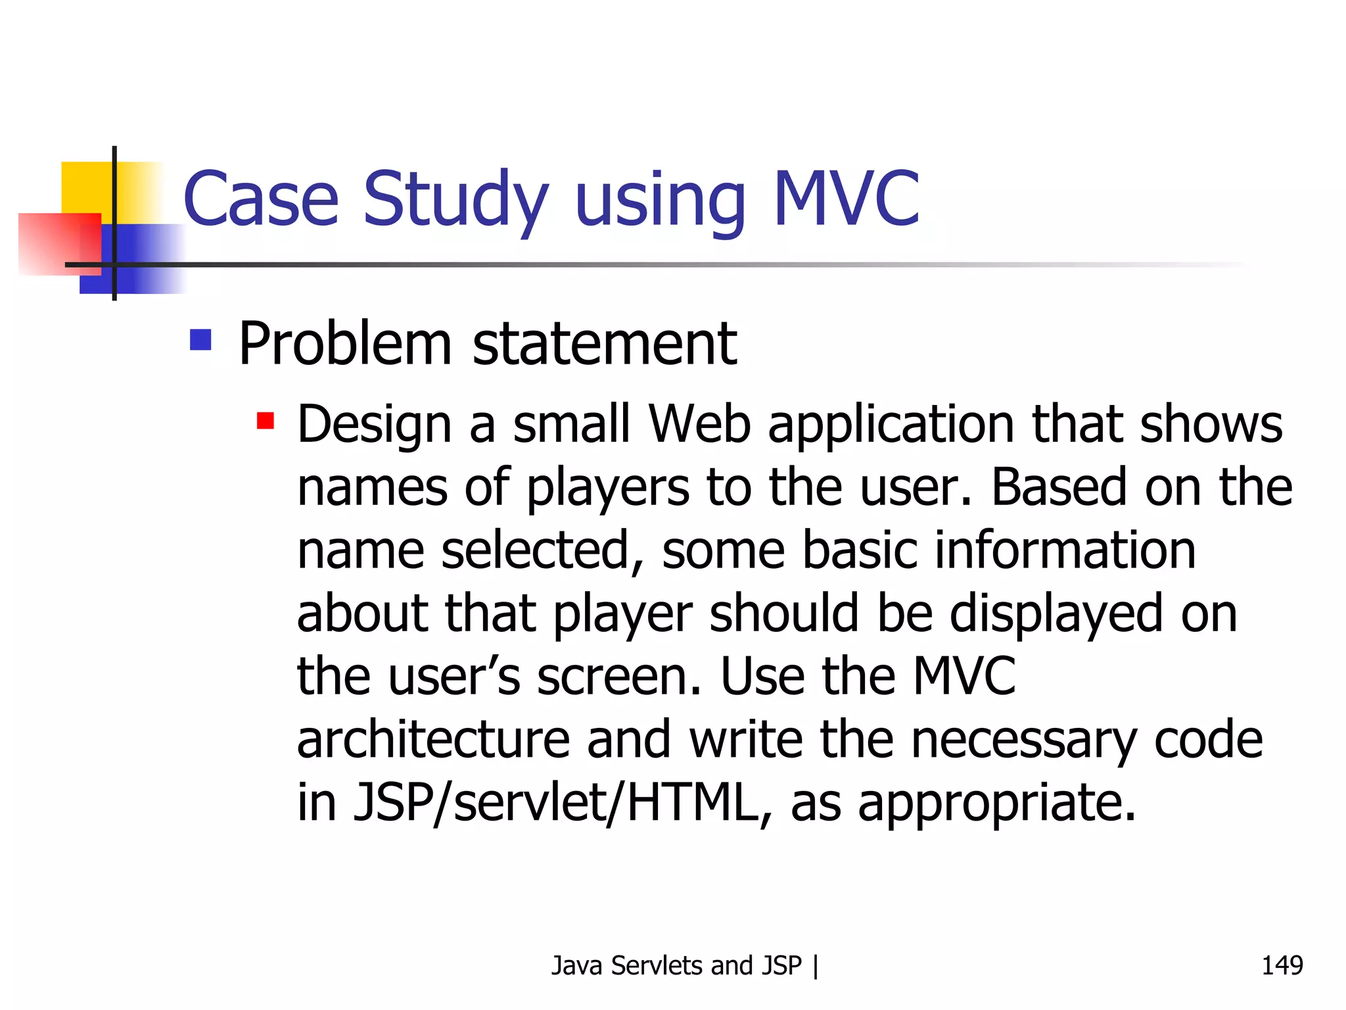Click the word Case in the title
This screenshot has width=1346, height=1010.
coord(261,199)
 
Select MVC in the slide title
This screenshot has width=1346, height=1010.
coord(847,199)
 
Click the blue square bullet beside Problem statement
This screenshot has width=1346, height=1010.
coord(200,340)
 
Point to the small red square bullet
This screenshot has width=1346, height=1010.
coord(266,420)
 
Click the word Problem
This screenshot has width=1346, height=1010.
coord(345,344)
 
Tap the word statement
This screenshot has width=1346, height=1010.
coord(605,344)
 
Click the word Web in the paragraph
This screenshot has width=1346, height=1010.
coord(700,424)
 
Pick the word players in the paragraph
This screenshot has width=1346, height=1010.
coord(608,489)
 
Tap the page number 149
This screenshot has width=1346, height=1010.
coord(1282,965)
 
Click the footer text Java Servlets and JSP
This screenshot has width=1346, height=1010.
coord(676,965)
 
